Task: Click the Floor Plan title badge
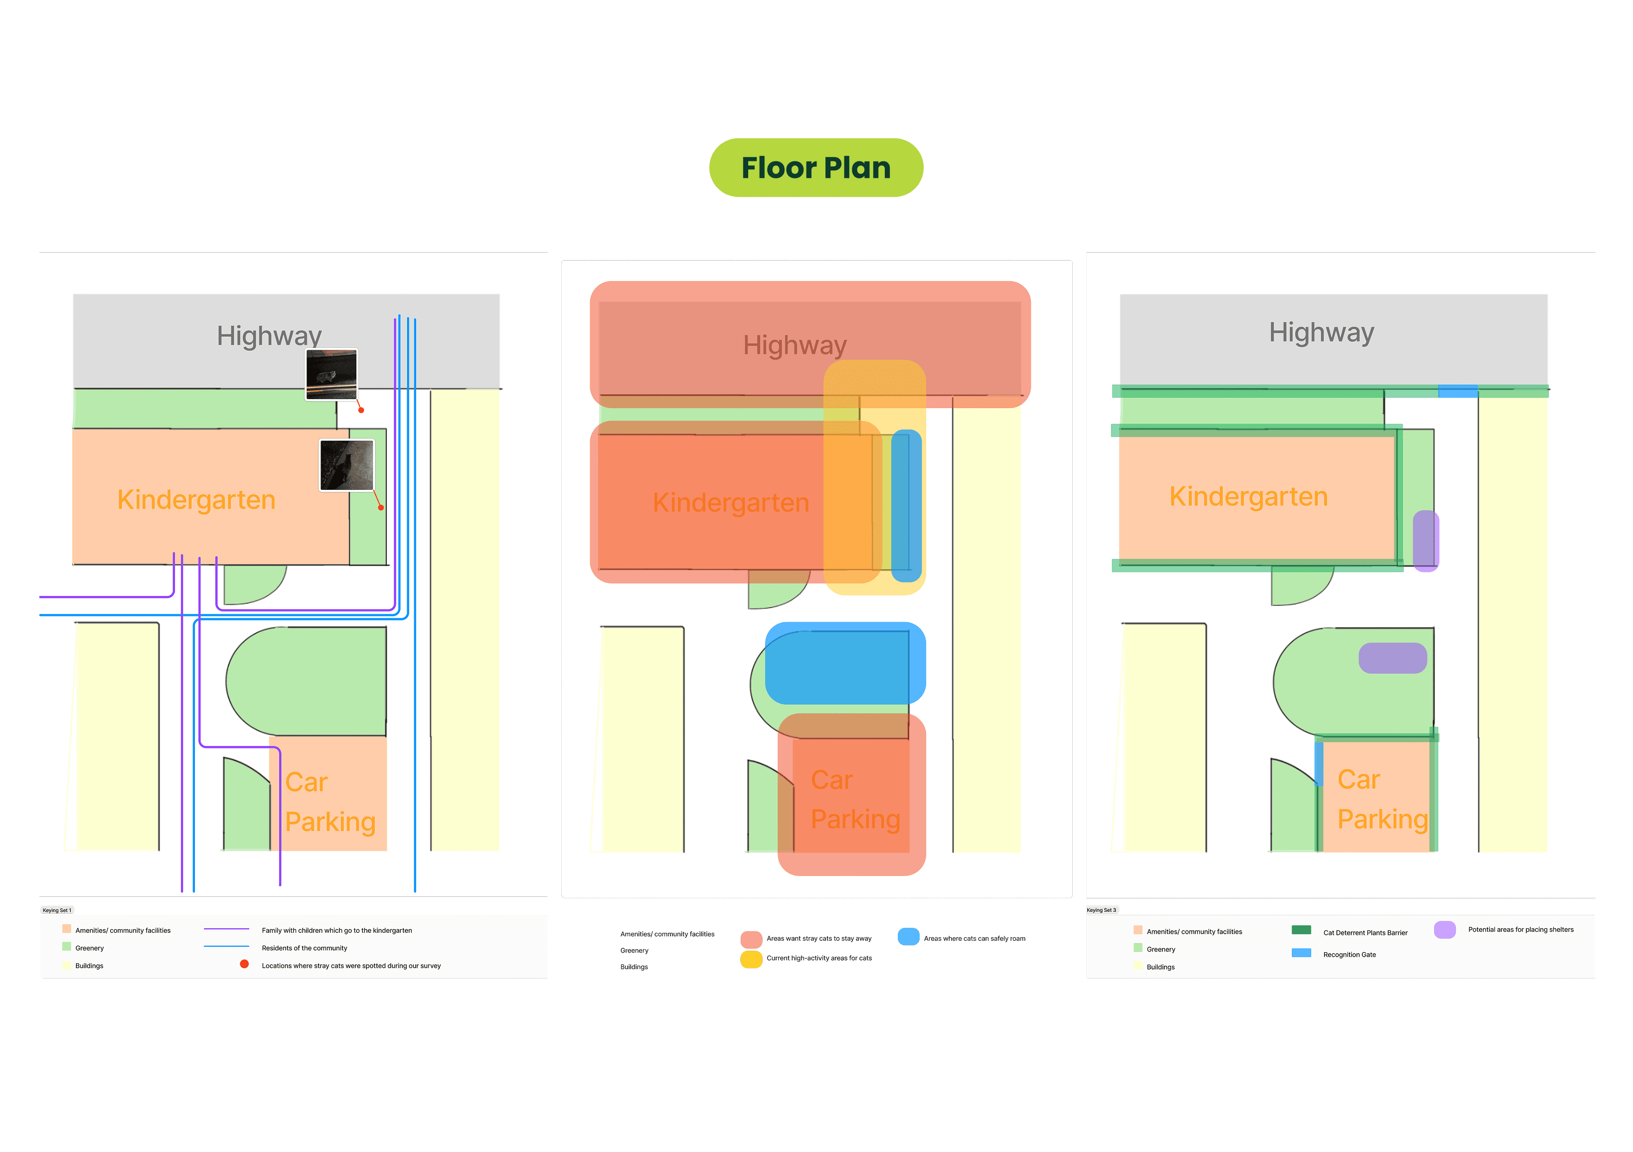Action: coord(816,168)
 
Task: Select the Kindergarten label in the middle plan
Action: coord(730,502)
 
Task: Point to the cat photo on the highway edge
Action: coord(331,374)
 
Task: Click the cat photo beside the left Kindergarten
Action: coord(346,465)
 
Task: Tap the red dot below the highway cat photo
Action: coord(361,410)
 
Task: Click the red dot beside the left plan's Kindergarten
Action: coord(381,507)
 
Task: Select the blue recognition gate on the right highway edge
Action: coord(1458,391)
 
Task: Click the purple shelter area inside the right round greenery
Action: coord(1392,658)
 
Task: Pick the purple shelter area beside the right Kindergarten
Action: coord(1425,541)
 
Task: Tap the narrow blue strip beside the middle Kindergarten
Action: coord(906,505)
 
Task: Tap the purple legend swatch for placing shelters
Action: coord(1445,929)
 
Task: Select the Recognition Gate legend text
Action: coord(1349,954)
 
